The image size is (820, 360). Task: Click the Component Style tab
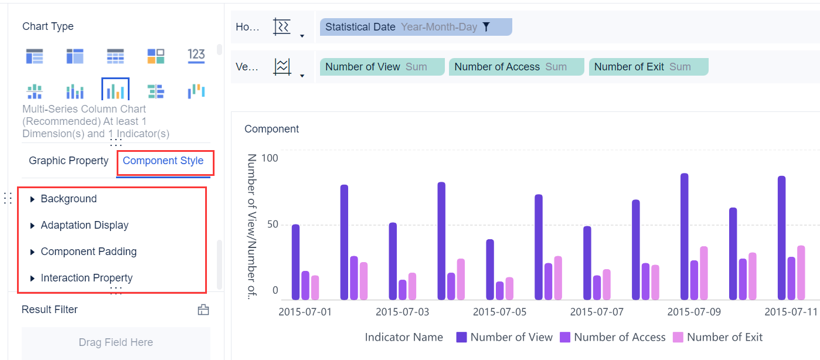(163, 161)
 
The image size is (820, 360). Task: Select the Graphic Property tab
(69, 161)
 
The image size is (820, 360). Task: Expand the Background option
(69, 199)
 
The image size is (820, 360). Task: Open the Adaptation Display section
(84, 226)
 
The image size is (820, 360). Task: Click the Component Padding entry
(89, 252)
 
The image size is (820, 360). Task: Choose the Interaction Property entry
(86, 279)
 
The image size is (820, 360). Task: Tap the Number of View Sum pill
(382, 67)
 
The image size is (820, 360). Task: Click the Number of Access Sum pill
(516, 67)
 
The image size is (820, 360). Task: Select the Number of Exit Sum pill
(648, 67)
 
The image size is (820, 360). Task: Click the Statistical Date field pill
(402, 27)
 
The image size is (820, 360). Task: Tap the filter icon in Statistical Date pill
(486, 27)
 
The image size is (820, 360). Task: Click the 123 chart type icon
(196, 56)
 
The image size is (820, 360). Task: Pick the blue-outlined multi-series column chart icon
(115, 91)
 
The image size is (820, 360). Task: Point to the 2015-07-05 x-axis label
(499, 312)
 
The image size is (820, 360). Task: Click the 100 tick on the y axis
(270, 158)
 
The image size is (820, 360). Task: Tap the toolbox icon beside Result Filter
(203, 310)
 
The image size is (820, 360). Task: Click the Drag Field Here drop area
(116, 343)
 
